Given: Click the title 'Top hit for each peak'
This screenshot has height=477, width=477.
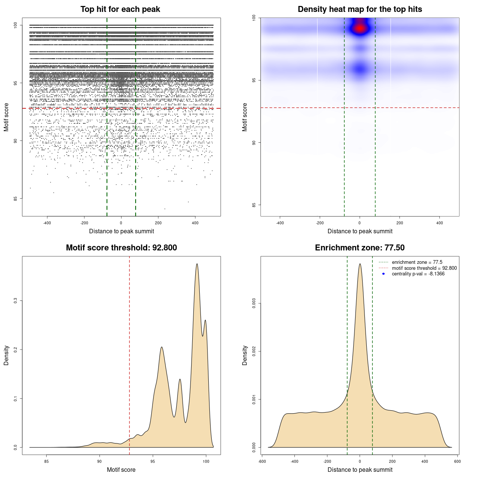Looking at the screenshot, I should (120, 9).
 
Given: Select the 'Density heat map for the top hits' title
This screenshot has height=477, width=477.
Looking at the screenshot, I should (360, 9).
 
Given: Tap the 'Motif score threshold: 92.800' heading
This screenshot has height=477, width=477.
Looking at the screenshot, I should (121, 248).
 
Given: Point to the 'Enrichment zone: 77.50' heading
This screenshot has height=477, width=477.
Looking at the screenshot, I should (360, 248).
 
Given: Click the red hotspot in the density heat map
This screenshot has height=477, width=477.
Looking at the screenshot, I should (360, 28).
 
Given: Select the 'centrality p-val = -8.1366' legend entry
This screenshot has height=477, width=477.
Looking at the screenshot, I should (418, 274).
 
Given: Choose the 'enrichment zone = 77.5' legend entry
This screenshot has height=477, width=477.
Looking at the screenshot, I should (417, 262).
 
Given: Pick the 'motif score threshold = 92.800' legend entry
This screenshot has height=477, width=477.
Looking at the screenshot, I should (424, 268).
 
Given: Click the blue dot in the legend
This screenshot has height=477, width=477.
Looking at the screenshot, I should (383, 274).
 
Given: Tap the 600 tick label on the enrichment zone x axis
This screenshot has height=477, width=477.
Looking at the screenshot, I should (457, 461).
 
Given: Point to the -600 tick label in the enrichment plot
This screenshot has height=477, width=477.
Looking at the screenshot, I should (262, 461).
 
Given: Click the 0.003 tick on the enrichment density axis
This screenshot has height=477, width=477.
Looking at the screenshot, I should (254, 303).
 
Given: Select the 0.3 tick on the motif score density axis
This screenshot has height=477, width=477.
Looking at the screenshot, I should (16, 300).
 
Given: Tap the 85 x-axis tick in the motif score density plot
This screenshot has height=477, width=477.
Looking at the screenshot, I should (47, 461).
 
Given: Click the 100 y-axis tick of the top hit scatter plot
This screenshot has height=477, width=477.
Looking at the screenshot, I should (16, 25).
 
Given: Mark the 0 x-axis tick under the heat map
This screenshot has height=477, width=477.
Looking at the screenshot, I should (360, 223).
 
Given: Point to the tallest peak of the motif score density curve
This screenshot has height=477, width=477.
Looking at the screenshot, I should (197, 264).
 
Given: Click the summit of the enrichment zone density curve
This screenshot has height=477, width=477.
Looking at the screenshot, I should (360, 264).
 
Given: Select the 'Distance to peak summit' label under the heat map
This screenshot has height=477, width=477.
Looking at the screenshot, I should (360, 231).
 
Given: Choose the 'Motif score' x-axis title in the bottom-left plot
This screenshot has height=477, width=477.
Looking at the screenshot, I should (121, 470).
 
